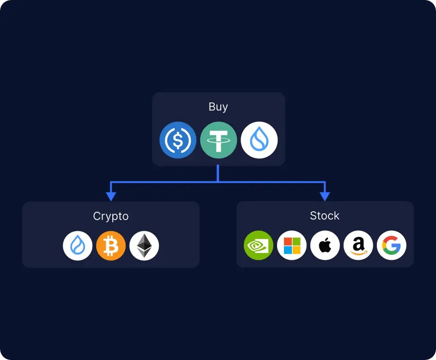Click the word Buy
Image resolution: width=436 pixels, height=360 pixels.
coord(218,107)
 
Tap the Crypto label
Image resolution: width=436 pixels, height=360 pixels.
coord(111,216)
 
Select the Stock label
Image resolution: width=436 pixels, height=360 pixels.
coord(325,216)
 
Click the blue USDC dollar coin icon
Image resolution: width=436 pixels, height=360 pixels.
coord(178,140)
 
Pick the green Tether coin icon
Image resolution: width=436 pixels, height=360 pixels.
coord(218,140)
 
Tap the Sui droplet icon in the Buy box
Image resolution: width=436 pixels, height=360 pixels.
coord(259,140)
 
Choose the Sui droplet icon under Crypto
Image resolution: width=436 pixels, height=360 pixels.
coord(78,246)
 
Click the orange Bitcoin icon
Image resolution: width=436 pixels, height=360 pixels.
coord(111,246)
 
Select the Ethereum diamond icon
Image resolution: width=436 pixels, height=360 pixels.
coord(144,246)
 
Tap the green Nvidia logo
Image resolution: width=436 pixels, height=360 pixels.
coord(259,246)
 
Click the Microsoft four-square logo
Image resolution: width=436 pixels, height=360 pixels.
coord(292,246)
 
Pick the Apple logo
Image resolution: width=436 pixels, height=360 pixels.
coord(325,246)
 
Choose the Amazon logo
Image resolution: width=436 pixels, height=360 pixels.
coord(358,246)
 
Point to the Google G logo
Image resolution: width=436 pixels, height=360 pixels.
coord(392,246)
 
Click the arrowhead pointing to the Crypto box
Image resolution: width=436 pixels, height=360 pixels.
coord(111,196)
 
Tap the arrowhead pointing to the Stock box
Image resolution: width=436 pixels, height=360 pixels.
coord(325,196)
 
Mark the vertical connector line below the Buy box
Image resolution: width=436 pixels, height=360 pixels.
coord(218,174)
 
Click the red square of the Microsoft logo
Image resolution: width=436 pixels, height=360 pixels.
coord(288,241)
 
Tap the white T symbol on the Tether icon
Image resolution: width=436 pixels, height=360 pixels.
coord(218,139)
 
